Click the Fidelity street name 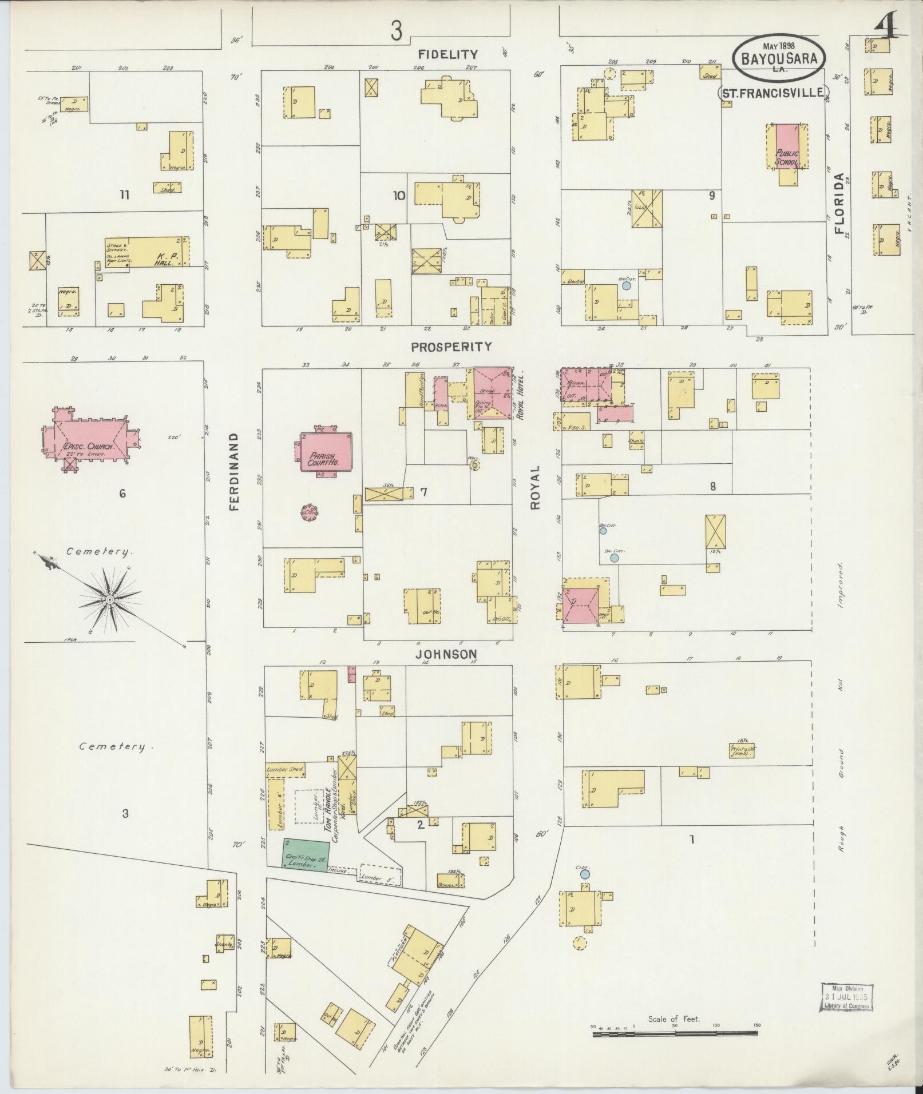447,54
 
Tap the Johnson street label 446,654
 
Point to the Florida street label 839,204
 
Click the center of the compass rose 108,599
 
